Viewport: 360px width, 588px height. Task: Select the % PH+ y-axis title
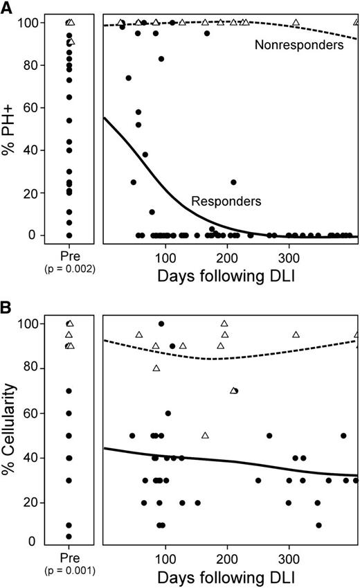pyautogui.click(x=9, y=127)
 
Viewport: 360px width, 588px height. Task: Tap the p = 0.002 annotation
pyautogui.click(x=69, y=268)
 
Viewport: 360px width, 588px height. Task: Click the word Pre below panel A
pyautogui.click(x=69, y=257)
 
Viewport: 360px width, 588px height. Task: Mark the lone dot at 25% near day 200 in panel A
pyautogui.click(x=234, y=182)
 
